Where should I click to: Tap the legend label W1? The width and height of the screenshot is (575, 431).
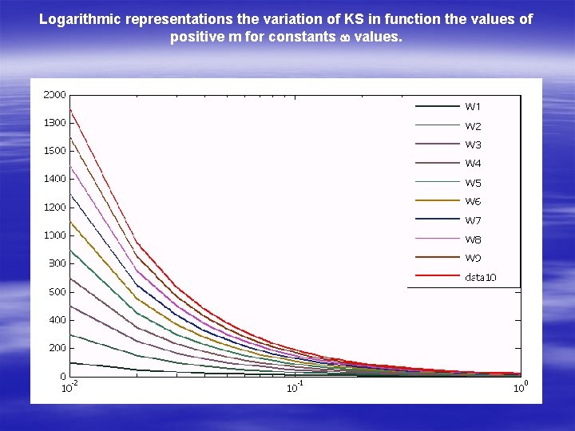coord(473,107)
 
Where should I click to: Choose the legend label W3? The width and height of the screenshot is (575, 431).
coord(473,144)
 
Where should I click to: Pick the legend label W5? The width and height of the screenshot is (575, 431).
coord(473,183)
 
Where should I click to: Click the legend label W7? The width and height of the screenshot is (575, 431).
coord(473,220)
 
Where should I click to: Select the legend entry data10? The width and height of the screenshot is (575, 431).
coord(480,277)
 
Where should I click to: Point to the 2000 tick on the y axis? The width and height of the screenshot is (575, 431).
coord(54,94)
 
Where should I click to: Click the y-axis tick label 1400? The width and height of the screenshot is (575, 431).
coord(54,179)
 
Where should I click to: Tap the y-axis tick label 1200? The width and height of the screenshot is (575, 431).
coord(54,207)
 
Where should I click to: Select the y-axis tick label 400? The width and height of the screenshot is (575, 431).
coord(56,319)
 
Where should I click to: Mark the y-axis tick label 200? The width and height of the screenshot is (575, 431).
coord(56,348)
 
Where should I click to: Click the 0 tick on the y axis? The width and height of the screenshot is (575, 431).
coord(62,376)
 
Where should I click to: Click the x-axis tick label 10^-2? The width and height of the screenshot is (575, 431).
coord(70,388)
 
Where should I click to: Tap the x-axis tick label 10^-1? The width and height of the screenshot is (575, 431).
coord(295,388)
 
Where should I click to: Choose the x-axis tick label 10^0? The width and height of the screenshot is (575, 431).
coord(520,388)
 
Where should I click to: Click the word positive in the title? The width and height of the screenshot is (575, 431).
coord(198,37)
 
